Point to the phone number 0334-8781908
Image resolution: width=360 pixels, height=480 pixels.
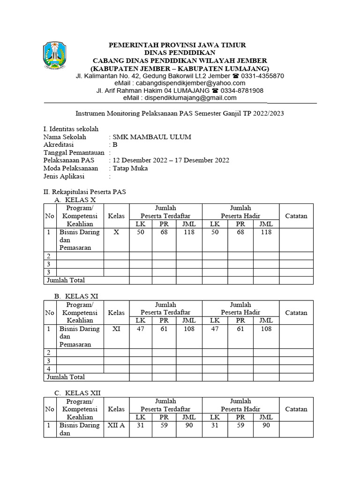[242, 90]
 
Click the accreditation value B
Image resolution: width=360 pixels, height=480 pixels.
[115, 145]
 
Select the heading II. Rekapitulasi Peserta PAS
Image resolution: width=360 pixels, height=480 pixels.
[84, 192]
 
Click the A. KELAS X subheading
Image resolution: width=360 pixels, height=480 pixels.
[78, 200]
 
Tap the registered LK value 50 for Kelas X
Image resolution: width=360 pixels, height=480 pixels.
[140, 232]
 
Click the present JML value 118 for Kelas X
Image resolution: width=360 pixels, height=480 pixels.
[266, 232]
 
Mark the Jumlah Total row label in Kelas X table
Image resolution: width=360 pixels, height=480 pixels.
[65, 280]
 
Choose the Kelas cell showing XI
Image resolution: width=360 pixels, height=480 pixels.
[117, 329]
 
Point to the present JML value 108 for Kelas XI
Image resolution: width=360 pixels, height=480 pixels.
[266, 329]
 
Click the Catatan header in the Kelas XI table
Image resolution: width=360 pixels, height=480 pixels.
[296, 313]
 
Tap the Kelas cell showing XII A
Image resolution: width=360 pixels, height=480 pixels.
[117, 425]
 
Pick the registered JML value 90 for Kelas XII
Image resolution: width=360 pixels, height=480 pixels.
[189, 425]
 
